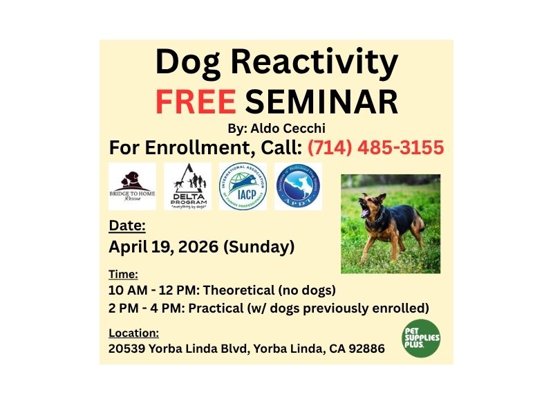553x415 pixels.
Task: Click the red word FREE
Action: pyautogui.click(x=196, y=101)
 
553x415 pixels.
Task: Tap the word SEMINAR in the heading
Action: pyautogui.click(x=322, y=101)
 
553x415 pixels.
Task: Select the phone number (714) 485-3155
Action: pyautogui.click(x=375, y=147)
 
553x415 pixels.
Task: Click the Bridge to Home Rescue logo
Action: pyautogui.click(x=132, y=186)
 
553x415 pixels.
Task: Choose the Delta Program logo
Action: pyautogui.click(x=187, y=187)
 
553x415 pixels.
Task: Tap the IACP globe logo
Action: pyautogui.click(x=243, y=186)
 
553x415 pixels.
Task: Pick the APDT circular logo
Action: pyautogui.click(x=298, y=186)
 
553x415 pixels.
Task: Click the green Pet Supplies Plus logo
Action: pyautogui.click(x=422, y=339)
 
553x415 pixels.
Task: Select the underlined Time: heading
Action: pyautogui.click(x=124, y=273)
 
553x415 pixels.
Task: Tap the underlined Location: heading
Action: pyautogui.click(x=134, y=333)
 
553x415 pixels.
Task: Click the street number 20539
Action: pyautogui.click(x=129, y=349)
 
